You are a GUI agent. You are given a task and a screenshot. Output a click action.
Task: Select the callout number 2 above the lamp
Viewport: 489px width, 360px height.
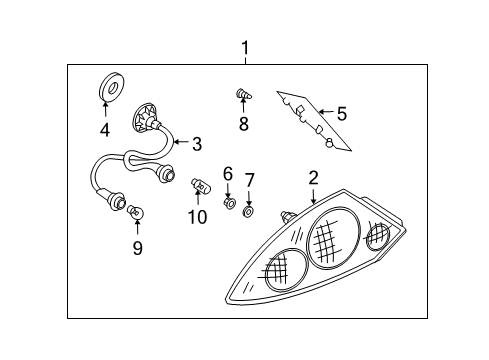tap(313, 177)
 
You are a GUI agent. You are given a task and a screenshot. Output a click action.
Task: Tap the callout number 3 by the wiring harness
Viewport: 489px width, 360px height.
tap(197, 143)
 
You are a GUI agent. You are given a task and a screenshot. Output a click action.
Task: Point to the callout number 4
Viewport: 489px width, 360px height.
tap(105, 128)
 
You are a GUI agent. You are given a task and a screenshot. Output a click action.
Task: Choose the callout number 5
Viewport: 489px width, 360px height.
tap(341, 114)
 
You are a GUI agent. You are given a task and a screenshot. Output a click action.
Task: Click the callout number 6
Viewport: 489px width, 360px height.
tap(227, 173)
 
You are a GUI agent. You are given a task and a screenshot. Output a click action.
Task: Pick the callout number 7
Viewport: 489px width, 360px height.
tap(250, 179)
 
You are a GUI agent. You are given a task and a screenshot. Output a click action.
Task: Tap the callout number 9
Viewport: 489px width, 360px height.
tap(137, 246)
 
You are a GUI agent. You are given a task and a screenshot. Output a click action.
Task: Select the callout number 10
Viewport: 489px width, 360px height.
tap(196, 215)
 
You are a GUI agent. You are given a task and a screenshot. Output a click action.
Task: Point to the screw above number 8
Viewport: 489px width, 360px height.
tap(241, 95)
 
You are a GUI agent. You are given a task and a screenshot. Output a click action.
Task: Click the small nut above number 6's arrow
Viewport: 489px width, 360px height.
tap(228, 204)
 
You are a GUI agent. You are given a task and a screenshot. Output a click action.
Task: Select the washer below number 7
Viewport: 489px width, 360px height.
tap(250, 212)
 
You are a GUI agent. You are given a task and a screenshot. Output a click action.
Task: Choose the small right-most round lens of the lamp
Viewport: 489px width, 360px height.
tap(378, 237)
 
